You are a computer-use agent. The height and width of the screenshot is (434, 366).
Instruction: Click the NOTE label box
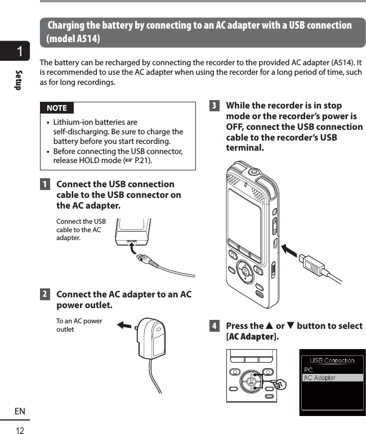[56, 108]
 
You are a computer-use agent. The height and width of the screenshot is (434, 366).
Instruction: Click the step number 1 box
[44, 184]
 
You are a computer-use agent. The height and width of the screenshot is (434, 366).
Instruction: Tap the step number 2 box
[44, 295]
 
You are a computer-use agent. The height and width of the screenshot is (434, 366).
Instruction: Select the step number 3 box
[214, 106]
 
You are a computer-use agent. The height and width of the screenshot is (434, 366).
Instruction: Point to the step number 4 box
[214, 326]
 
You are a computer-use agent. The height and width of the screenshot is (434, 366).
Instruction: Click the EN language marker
[20, 412]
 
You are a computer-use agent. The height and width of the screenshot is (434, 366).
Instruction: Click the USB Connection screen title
[332, 360]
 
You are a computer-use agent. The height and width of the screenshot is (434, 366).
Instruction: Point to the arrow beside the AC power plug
[124, 325]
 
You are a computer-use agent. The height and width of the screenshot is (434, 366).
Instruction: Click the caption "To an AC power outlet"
[79, 325]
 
